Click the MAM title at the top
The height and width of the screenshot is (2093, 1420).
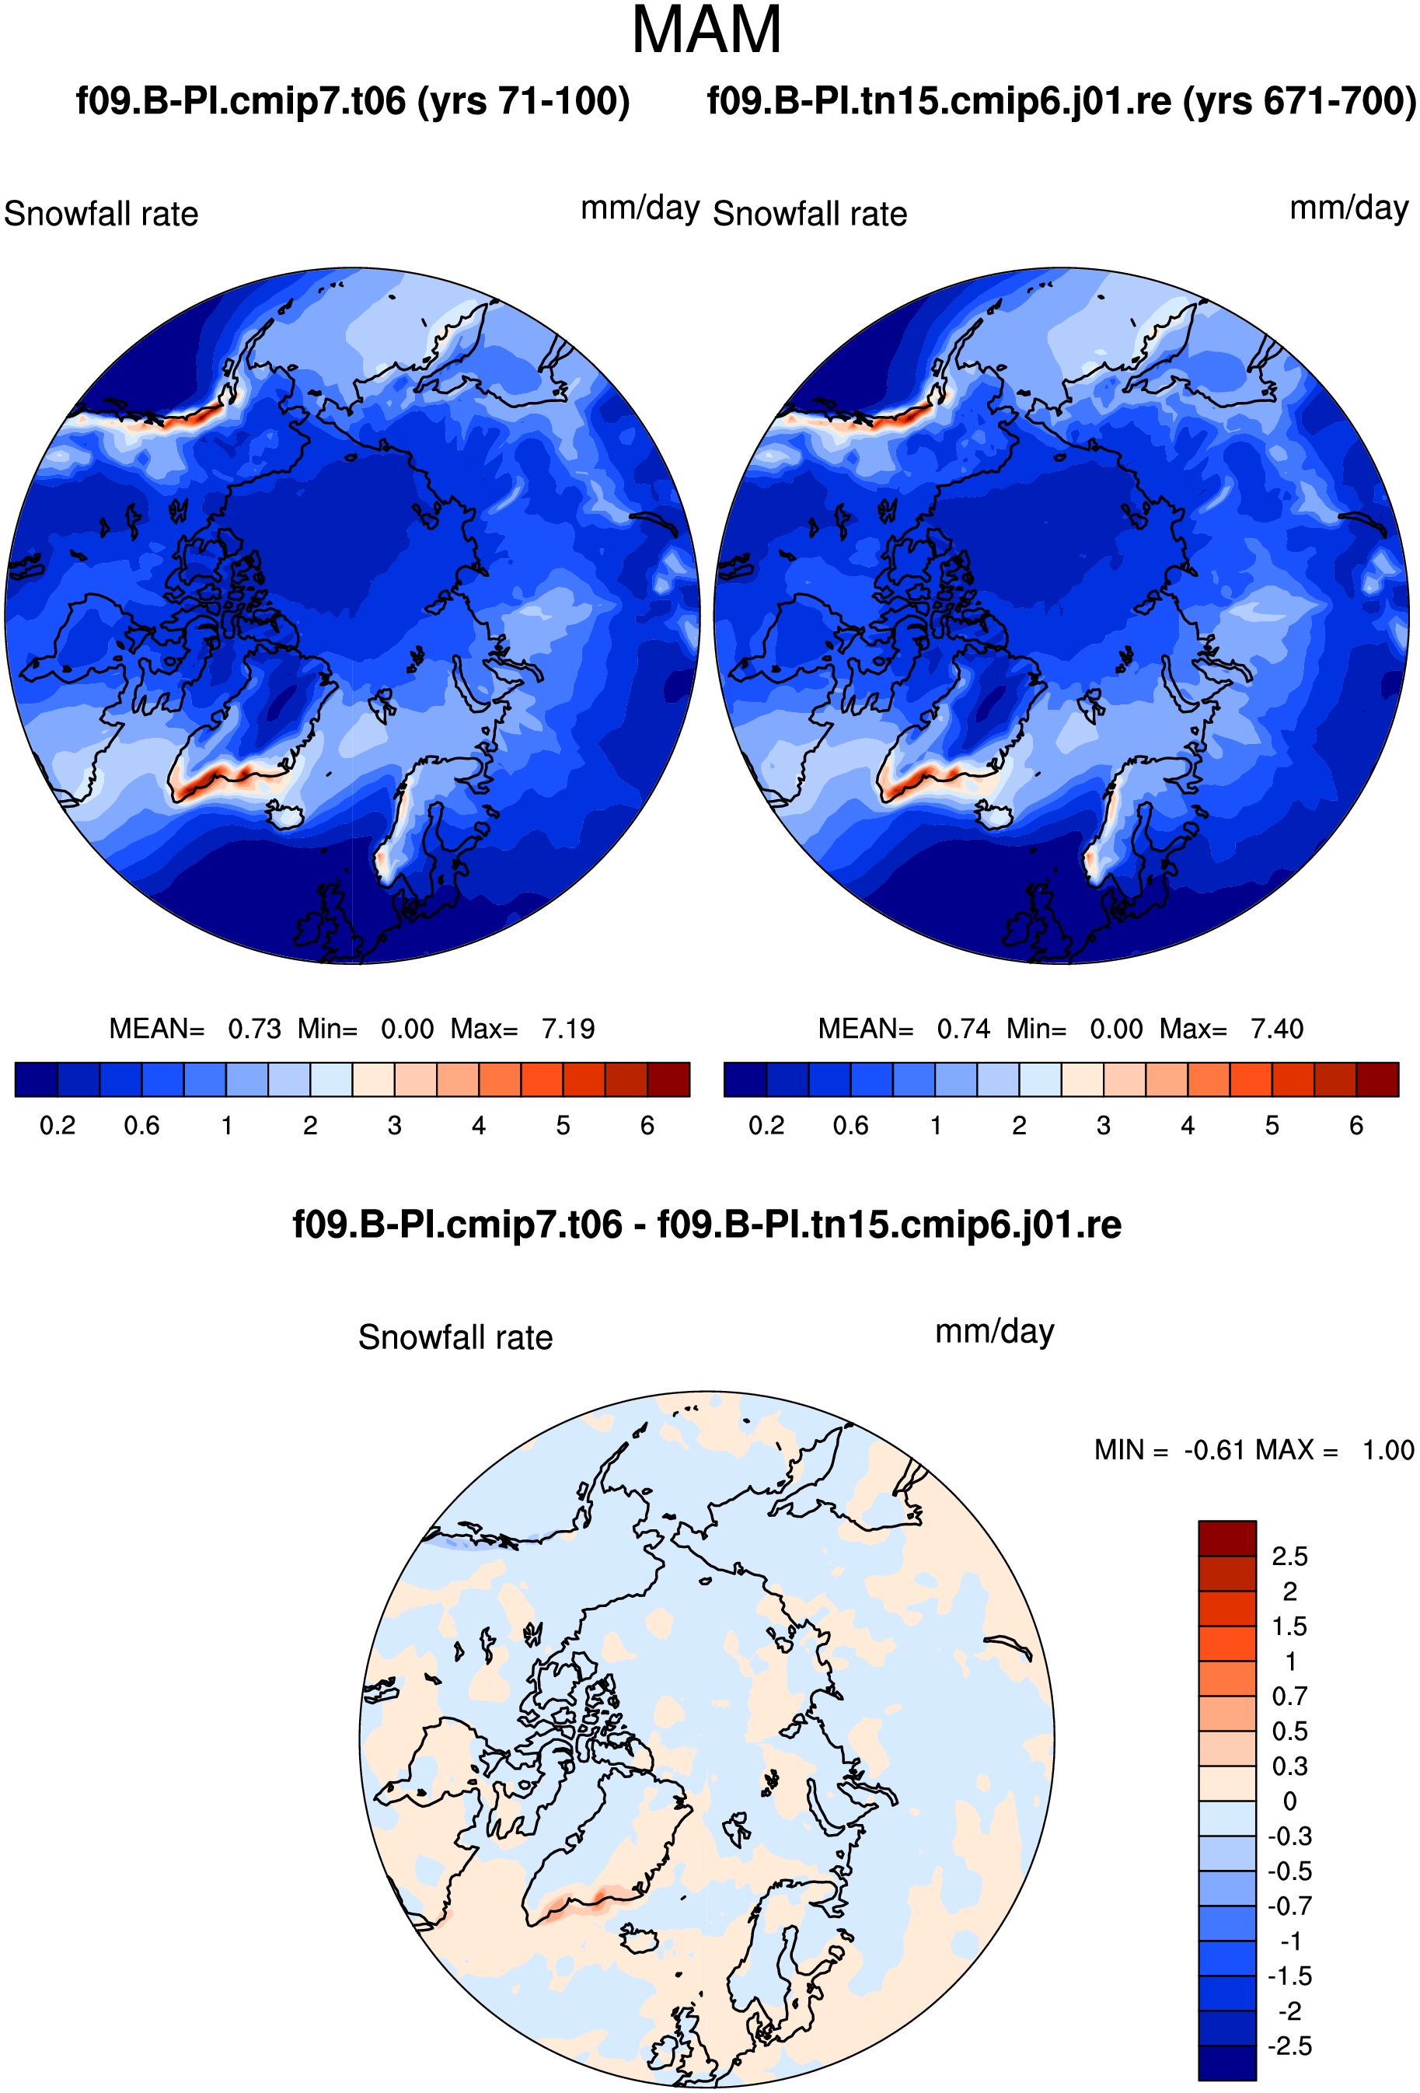(x=706, y=30)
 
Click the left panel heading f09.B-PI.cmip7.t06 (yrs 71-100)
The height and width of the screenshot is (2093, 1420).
(x=353, y=101)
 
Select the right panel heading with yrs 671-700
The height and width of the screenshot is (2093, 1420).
(x=1062, y=101)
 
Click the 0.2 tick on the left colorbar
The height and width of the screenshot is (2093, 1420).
(x=58, y=1126)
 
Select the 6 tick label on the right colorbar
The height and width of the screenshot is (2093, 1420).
(x=1356, y=1126)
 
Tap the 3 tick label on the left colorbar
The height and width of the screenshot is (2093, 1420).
(x=394, y=1126)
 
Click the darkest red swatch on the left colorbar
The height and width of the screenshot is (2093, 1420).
(x=668, y=1079)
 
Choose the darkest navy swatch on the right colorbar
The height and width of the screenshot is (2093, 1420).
(x=745, y=1079)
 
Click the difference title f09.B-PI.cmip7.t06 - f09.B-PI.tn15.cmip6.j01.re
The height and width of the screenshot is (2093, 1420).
(x=707, y=1225)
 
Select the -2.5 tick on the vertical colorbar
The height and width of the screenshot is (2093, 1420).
(x=1289, y=2046)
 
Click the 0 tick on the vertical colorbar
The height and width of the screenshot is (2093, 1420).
(x=1289, y=1801)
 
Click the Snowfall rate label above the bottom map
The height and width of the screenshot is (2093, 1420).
(x=455, y=1337)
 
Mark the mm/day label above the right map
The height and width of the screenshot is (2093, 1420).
(x=1348, y=208)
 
